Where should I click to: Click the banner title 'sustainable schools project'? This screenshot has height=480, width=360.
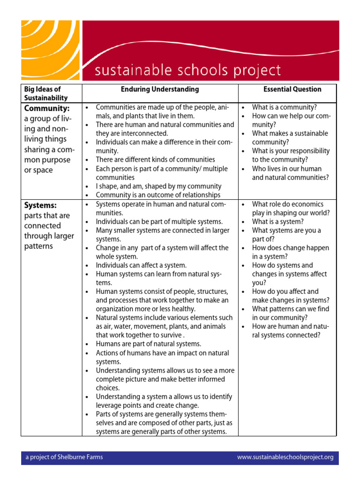pyautogui.click(x=188, y=71)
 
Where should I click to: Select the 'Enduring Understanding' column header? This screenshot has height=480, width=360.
pyautogui.click(x=160, y=89)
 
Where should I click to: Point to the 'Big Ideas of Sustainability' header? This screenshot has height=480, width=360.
pyautogui.click(x=46, y=93)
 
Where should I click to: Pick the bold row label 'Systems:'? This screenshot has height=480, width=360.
pyautogui.click(x=40, y=205)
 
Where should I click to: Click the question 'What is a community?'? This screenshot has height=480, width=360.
pyautogui.click(x=285, y=107)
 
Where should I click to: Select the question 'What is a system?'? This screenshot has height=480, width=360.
pyautogui.click(x=278, y=222)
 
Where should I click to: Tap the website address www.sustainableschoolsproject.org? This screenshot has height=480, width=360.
pyautogui.click(x=285, y=457)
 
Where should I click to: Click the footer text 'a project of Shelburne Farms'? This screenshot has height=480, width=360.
pyautogui.click(x=64, y=457)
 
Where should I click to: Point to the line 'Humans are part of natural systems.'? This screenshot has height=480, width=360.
pyautogui.click(x=148, y=344)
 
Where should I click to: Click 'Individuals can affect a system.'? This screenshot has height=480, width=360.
pyautogui.click(x=141, y=265)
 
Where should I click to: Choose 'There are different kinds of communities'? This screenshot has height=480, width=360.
pyautogui.click(x=155, y=160)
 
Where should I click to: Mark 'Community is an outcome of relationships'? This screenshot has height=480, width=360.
pyautogui.click(x=158, y=195)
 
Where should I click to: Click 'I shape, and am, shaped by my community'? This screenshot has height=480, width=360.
pyautogui.click(x=158, y=186)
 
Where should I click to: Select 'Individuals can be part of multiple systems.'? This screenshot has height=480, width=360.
pyautogui.click(x=159, y=222)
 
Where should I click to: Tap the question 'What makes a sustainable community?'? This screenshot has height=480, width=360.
pyautogui.click(x=290, y=138)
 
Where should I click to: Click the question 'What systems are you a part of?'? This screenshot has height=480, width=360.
pyautogui.click(x=286, y=235)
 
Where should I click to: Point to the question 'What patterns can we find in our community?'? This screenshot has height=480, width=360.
pyautogui.click(x=290, y=313)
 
